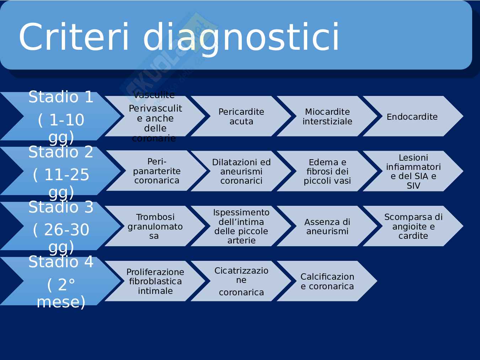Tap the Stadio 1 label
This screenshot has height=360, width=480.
pos(61,97)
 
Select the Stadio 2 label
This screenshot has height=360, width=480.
pos(61,152)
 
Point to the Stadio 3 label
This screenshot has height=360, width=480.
pos(61,207)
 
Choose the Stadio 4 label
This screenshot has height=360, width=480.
pos(61,262)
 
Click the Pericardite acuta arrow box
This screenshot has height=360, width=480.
pos(241,116)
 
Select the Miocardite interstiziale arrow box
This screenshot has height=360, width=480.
pos(327,116)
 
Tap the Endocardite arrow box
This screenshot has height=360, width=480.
pos(413,116)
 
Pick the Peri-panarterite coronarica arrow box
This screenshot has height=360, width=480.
pos(156,171)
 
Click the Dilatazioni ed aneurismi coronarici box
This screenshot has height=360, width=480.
pos(241,171)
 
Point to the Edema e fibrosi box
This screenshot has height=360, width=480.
pos(327,171)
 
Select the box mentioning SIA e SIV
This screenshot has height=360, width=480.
pos(413,171)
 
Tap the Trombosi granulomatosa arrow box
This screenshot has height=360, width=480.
pos(155,226)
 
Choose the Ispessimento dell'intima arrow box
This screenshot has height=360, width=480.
pos(241,226)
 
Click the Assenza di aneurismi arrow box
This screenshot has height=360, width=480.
pos(327,226)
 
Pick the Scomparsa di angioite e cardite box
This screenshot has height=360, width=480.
pos(413,226)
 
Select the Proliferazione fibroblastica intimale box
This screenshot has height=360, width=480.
pos(155,281)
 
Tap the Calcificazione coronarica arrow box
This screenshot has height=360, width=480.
pos(327,281)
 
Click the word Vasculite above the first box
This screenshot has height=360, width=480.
pos(154,95)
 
